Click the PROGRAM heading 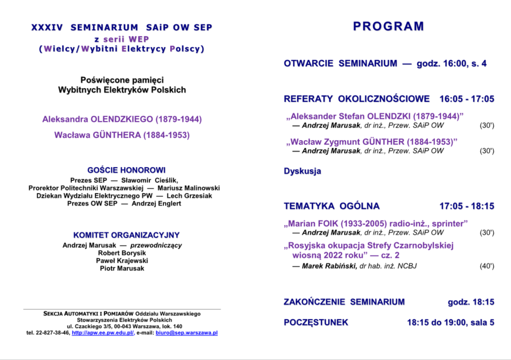pos(389,26)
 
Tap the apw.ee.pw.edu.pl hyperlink pos(103,333)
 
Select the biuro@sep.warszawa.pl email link pos(187,333)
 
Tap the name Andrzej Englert pos(156,203)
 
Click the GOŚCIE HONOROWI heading pos(126,171)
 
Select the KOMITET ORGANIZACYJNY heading pos(126,235)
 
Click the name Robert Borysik pos(122,253)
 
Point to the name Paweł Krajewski pos(122,261)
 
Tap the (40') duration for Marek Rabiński pos(487,266)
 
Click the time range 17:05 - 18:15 pos(467,206)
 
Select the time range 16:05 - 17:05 pos(467,99)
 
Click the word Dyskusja pos(302,172)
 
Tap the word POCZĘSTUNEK pos(316,323)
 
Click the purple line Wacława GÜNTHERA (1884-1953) pos(122,135)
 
